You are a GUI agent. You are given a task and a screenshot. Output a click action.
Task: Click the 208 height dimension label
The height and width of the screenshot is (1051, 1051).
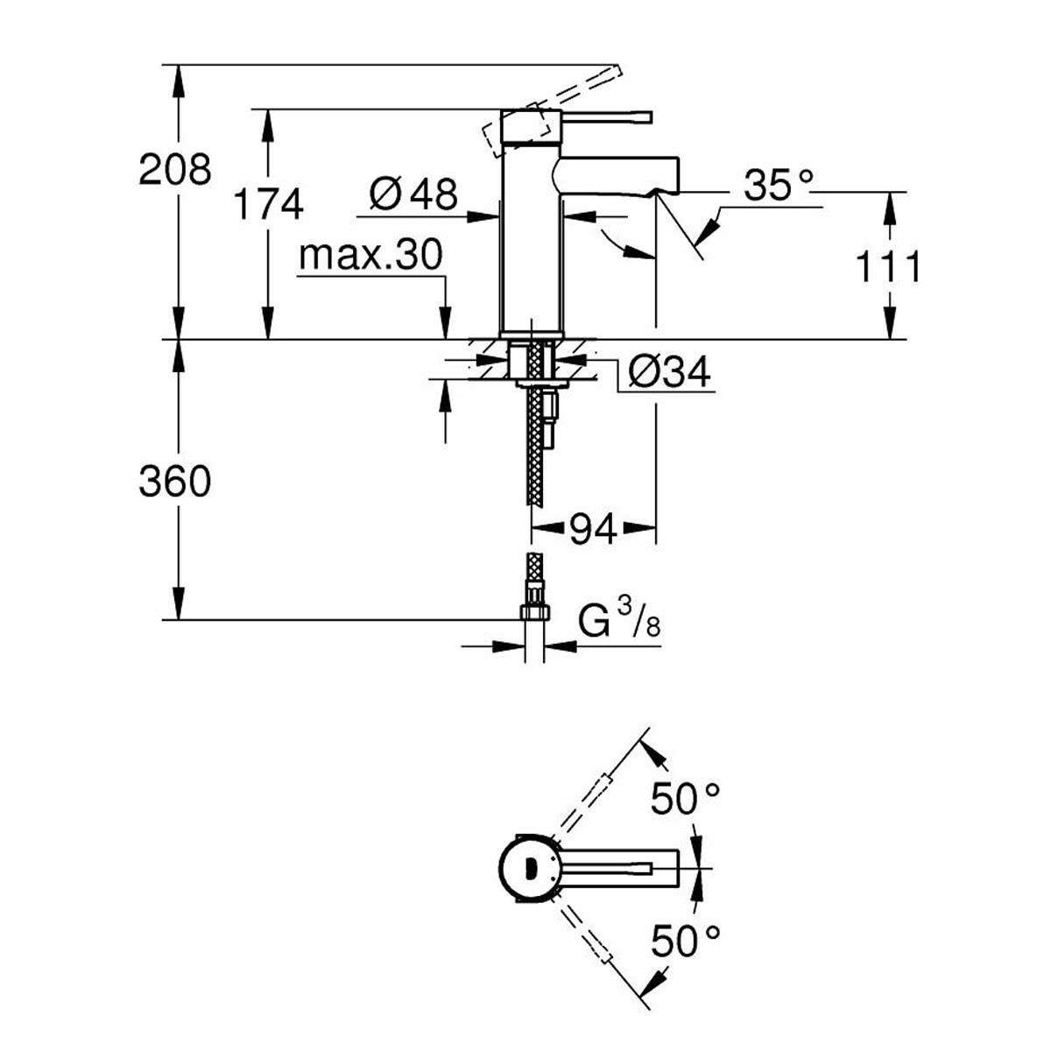pyautogui.click(x=174, y=170)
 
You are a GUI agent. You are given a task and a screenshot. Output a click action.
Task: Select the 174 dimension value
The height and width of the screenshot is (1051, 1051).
pyautogui.click(x=268, y=205)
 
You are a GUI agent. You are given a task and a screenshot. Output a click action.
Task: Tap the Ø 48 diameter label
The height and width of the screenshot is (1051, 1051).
pyautogui.click(x=413, y=193)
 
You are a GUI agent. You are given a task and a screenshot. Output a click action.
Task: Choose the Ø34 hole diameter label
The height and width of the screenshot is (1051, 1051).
pyautogui.click(x=669, y=372)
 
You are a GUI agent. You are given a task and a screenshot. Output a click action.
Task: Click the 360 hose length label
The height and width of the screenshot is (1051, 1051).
pyautogui.click(x=174, y=482)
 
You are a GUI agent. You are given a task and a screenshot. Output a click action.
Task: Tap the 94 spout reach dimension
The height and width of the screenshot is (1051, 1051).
pyautogui.click(x=594, y=528)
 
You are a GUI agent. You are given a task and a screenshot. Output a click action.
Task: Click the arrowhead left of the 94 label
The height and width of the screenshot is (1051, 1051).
pyautogui.click(x=547, y=527)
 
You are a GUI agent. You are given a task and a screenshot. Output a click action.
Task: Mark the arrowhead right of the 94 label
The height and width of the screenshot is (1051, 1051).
pyautogui.click(x=639, y=527)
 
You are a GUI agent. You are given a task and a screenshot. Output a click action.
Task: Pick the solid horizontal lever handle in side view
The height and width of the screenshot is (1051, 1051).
pyautogui.click(x=606, y=117)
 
